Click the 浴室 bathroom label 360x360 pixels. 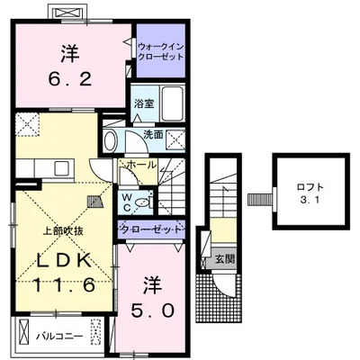[x=144, y=103]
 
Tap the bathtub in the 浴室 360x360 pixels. [x=173, y=103]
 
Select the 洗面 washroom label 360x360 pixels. [x=153, y=135]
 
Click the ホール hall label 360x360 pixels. [x=142, y=165]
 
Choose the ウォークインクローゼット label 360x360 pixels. [x=160, y=51]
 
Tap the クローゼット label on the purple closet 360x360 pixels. [x=151, y=229]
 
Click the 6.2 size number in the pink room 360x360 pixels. [x=70, y=79]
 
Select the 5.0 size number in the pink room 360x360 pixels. [x=152, y=310]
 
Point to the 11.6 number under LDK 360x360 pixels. [x=65, y=284]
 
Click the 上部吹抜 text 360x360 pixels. [x=63, y=231]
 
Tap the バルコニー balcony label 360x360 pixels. [x=59, y=336]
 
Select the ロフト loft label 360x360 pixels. [x=310, y=187]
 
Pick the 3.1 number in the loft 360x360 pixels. [x=310, y=200]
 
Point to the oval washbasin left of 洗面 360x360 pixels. [x=110, y=140]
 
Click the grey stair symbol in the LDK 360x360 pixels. [x=95, y=202]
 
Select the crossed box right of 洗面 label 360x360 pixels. [x=175, y=139]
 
